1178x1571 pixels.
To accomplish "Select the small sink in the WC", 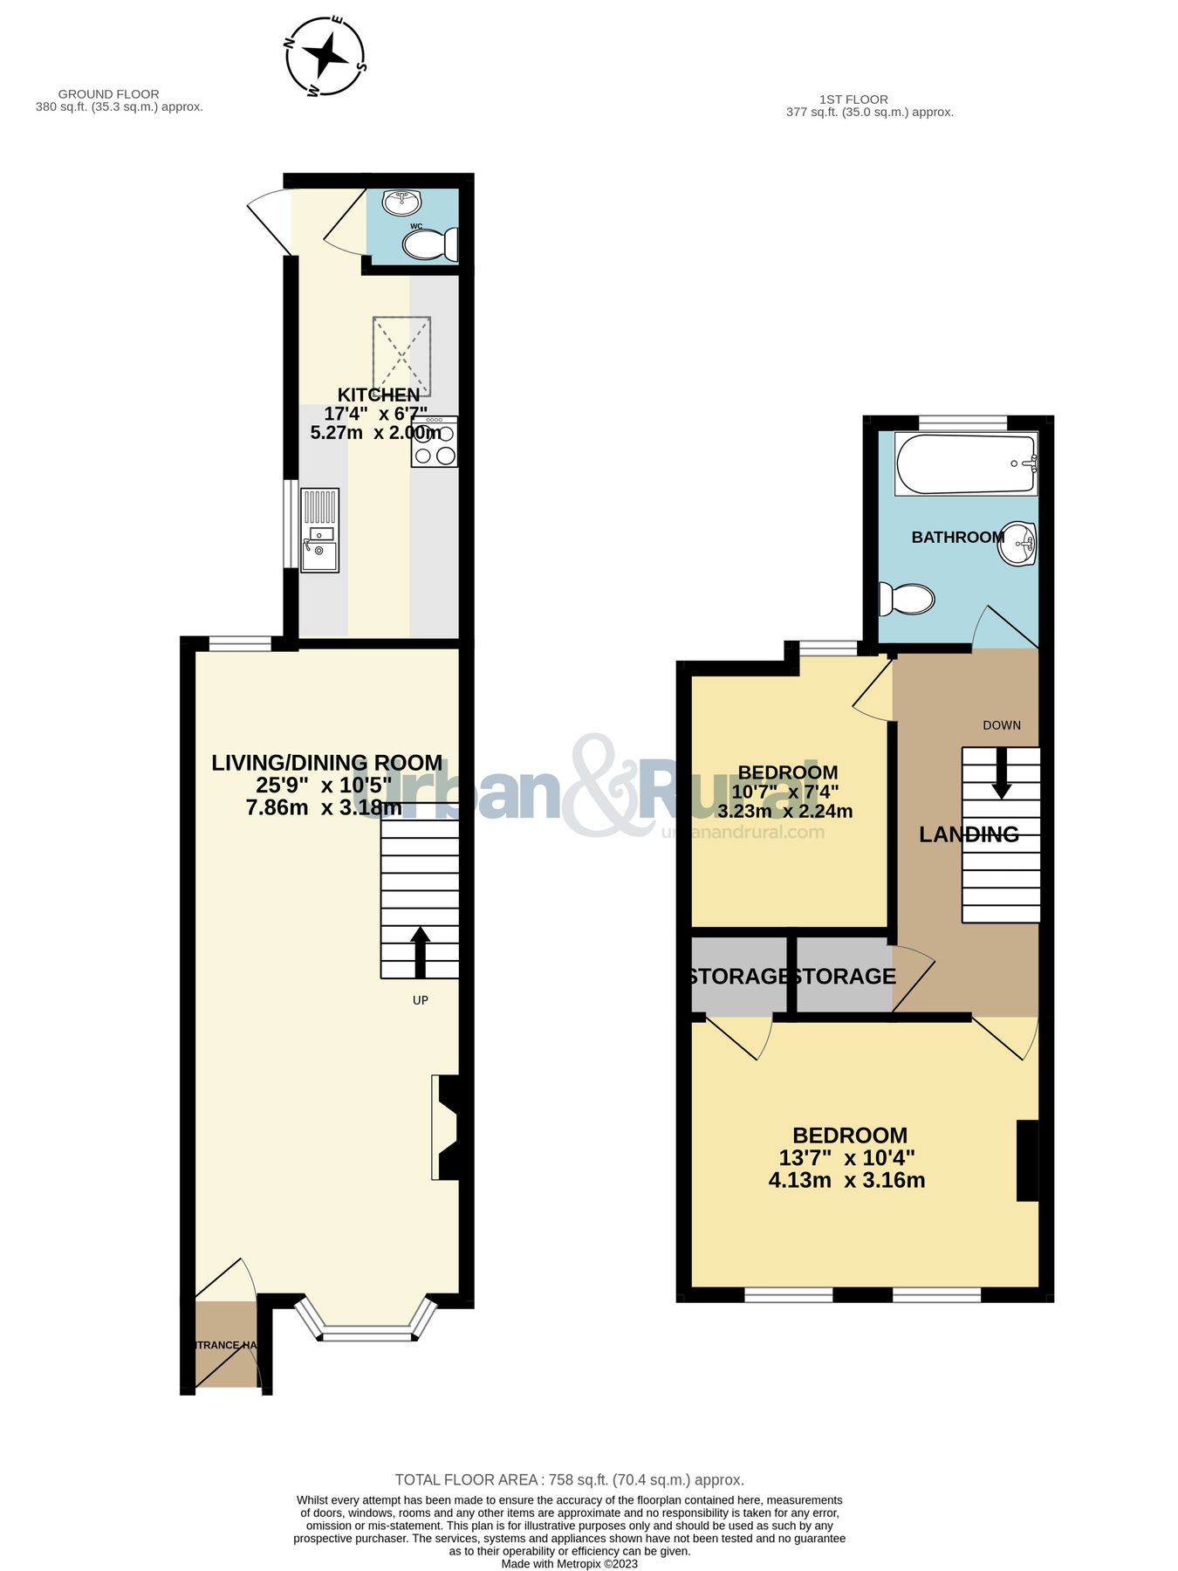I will pyautogui.click(x=401, y=202).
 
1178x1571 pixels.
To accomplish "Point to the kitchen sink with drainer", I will pyautogui.click(x=319, y=530).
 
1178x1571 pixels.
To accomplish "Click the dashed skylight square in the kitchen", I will pyautogui.click(x=401, y=355).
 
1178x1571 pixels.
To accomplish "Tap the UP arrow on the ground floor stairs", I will pyautogui.click(x=420, y=951).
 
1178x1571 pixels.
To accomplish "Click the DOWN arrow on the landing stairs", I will pyautogui.click(x=1001, y=772).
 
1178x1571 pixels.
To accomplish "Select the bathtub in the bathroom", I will pyautogui.click(x=965, y=463).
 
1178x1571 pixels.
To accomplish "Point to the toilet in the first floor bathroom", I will pyautogui.click(x=907, y=600).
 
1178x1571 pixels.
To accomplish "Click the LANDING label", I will pyautogui.click(x=969, y=834).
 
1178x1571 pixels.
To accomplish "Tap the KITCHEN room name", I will pyautogui.click(x=379, y=394).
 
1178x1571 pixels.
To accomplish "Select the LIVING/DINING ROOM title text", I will pyautogui.click(x=326, y=763).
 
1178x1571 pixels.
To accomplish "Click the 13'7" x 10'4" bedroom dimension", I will pyautogui.click(x=846, y=1158).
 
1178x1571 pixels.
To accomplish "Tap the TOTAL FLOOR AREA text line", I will pyautogui.click(x=569, y=1479).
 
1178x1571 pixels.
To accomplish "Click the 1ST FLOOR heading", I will pyautogui.click(x=853, y=99).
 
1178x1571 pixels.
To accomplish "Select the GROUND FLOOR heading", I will pyautogui.click(x=108, y=94).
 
